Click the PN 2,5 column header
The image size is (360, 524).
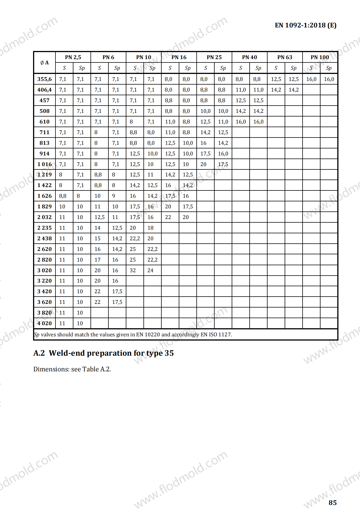tap(73, 57)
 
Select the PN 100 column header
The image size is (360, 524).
tap(320, 57)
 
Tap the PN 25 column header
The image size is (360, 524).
tap(214, 57)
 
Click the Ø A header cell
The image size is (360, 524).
tap(45, 63)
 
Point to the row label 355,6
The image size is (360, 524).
tap(45, 79)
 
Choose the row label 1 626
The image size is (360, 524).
tap(45, 196)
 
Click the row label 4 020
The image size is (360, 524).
tap(45, 323)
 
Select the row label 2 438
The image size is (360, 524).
tap(45, 239)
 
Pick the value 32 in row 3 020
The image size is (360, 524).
tap(133, 271)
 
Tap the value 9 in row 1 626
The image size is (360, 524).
tap(113, 196)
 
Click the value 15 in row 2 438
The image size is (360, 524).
tap(97, 239)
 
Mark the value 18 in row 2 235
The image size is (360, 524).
tap(150, 228)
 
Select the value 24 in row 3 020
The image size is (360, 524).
tap(150, 271)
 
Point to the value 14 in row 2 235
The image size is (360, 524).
tap(97, 228)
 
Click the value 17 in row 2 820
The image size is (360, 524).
tap(97, 260)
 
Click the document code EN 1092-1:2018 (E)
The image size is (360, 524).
tap(305, 25)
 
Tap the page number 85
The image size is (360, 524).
tap(333, 503)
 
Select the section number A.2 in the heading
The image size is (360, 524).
tap(39, 353)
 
